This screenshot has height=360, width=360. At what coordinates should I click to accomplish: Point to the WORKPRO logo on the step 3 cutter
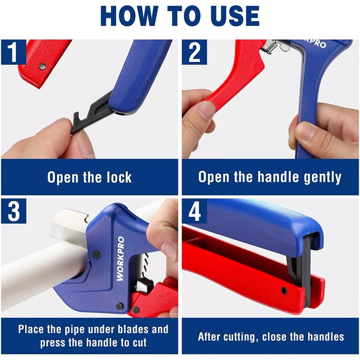pos(121,259)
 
